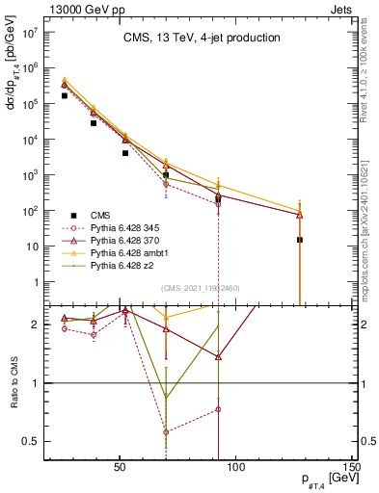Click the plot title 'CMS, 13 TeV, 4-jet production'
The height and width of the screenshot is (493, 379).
tap(201, 39)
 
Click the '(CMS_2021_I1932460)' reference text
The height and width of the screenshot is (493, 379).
tap(201, 288)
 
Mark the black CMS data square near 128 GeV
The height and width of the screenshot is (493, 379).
tap(300, 240)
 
